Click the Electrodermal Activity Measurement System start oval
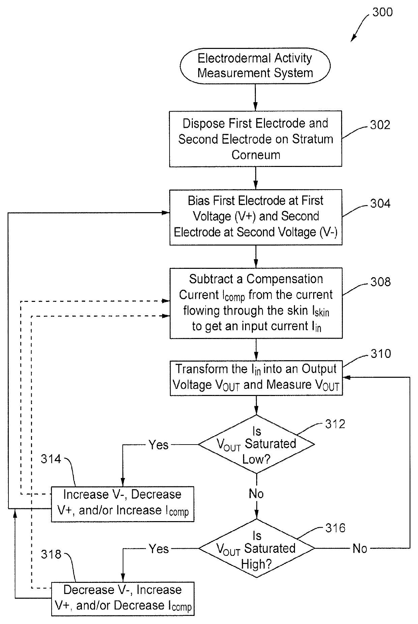pyautogui.click(x=255, y=65)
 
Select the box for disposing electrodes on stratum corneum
pyautogui.click(x=256, y=139)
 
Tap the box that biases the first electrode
pyautogui.click(x=256, y=217)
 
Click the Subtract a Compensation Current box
pyautogui.click(x=256, y=303)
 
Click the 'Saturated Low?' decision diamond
pyautogui.click(x=257, y=444)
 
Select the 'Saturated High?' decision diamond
pyautogui.click(x=257, y=548)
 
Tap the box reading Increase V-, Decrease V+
pyautogui.click(x=123, y=504)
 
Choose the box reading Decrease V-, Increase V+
pyautogui.click(x=123, y=599)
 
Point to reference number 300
pyautogui.click(x=383, y=12)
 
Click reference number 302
pyautogui.click(x=380, y=125)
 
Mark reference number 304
pyautogui.click(x=380, y=203)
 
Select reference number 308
pyautogui.click(x=381, y=282)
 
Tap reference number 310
pyautogui.click(x=381, y=353)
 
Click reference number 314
pyautogui.click(x=51, y=459)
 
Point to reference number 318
pyautogui.click(x=51, y=554)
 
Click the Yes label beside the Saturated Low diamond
pyautogui.click(x=158, y=445)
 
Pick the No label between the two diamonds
pyautogui.click(x=256, y=494)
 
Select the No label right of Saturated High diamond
pyautogui.click(x=360, y=548)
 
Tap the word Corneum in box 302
pyautogui.click(x=256, y=155)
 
